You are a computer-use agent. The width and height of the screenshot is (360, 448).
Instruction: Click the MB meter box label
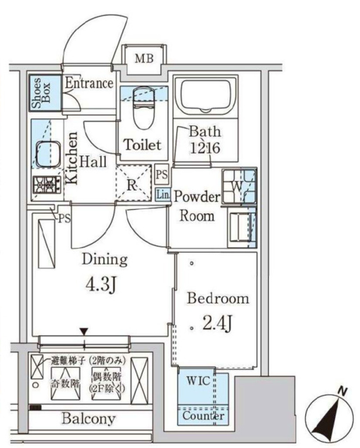click(144, 59)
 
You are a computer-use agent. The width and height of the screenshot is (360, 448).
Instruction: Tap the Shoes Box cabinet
click(45, 93)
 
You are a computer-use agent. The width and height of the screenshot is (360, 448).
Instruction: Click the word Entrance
click(89, 83)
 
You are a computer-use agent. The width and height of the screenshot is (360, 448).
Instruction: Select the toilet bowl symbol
click(143, 108)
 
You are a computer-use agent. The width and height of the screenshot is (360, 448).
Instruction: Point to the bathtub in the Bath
click(206, 96)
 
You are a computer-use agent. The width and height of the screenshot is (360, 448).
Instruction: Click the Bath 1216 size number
click(205, 148)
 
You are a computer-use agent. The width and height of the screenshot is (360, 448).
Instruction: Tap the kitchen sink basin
click(48, 154)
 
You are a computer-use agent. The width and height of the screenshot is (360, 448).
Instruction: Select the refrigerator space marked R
click(133, 182)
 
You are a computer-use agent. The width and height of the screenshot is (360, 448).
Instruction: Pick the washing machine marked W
click(239, 186)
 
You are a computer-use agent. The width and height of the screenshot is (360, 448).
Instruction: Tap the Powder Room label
click(197, 206)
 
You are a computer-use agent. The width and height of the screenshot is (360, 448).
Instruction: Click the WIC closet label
click(198, 381)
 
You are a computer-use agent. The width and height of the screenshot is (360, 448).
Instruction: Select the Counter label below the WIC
click(203, 416)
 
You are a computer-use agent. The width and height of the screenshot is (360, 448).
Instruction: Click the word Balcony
click(89, 419)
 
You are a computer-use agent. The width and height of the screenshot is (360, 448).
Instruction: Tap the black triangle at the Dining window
click(84, 332)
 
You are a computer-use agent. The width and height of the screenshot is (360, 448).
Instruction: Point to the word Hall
click(93, 161)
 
